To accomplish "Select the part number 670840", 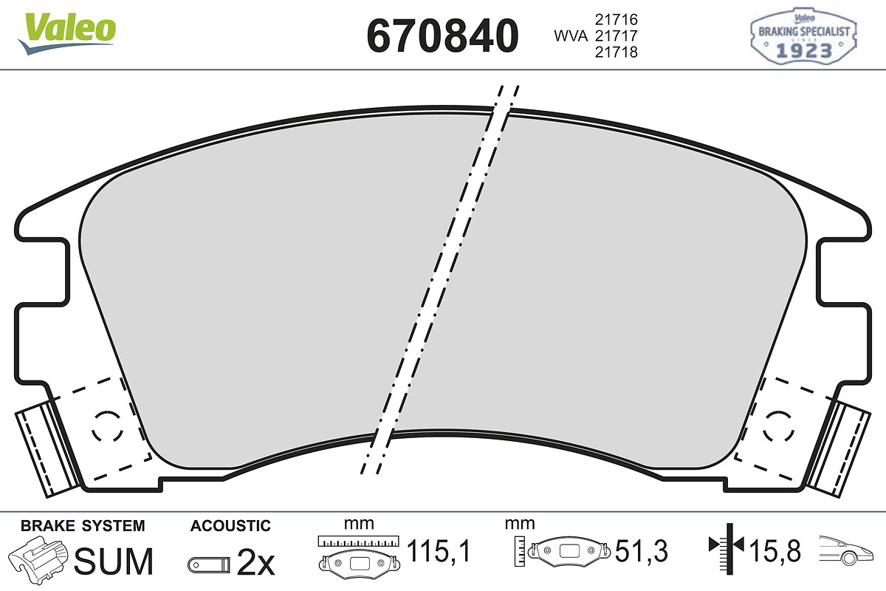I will point(443,35).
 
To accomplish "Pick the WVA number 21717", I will point(616,35).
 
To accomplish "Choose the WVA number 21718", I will point(616,52).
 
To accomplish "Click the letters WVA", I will point(570,35).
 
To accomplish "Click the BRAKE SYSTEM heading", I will point(83,526).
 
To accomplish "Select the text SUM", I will point(114,561).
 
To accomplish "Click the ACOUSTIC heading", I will point(230,526).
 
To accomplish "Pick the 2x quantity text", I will point(255,564).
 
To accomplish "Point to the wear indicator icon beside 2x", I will point(209,564).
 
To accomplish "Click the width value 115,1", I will point(439,550).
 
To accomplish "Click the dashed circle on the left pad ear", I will point(108,426).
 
